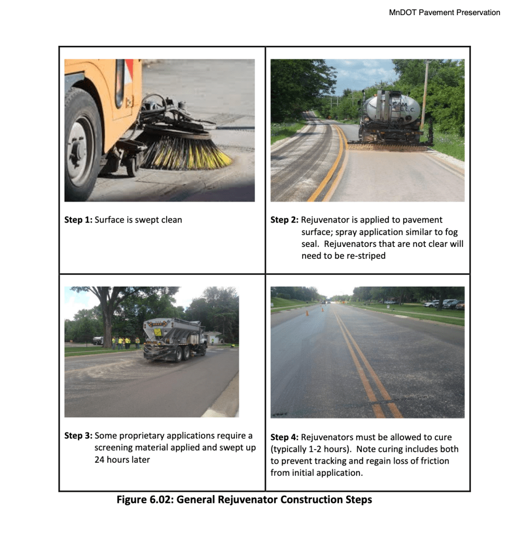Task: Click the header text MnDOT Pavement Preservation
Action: (444, 13)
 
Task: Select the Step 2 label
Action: (284, 220)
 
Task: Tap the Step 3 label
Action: (78, 436)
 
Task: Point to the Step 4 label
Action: (284, 437)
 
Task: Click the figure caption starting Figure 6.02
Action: (244, 500)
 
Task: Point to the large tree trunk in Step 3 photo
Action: (107, 325)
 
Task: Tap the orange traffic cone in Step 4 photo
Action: (307, 313)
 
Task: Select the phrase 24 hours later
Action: (122, 460)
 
